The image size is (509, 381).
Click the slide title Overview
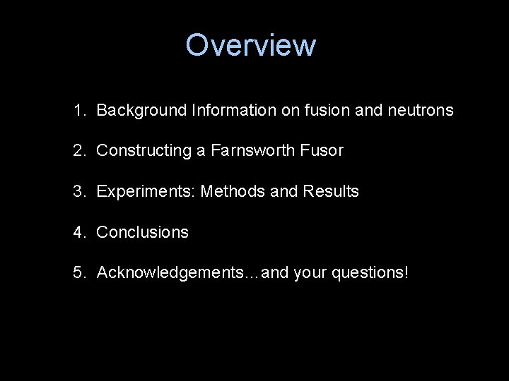pyautogui.click(x=250, y=45)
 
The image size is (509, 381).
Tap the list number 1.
pyautogui.click(x=78, y=110)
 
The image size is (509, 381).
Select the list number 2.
pyautogui.click(x=78, y=150)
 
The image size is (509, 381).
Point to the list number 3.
pyautogui.click(x=78, y=191)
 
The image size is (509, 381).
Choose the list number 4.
pyautogui.click(x=78, y=232)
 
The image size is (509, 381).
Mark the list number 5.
pyautogui.click(x=78, y=272)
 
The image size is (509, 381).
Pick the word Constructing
pyautogui.click(x=143, y=150)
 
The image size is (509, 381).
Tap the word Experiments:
pyautogui.click(x=146, y=191)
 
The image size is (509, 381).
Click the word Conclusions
pyautogui.click(x=142, y=232)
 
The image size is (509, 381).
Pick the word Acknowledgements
pyautogui.click(x=170, y=272)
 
